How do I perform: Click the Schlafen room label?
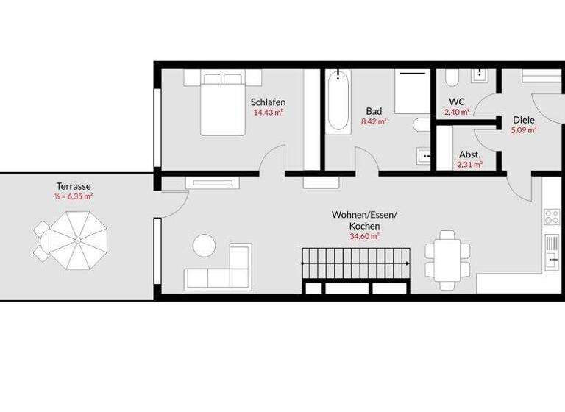pos(268,102)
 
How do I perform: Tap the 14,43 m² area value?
pos(268,113)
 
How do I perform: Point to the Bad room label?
pos(374,111)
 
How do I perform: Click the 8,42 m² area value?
pos(374,122)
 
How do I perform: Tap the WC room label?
pos(456,102)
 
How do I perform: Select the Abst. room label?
pos(469,154)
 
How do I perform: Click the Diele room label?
pos(523,119)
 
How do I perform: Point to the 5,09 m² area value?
pos(523,130)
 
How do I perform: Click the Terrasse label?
pos(74,186)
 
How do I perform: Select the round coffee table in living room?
pos(204,245)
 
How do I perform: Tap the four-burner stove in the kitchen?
pos(551,216)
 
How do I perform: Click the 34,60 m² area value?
pos(364,237)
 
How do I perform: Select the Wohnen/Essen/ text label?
pos(364,215)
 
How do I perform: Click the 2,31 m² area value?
pos(469,165)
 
